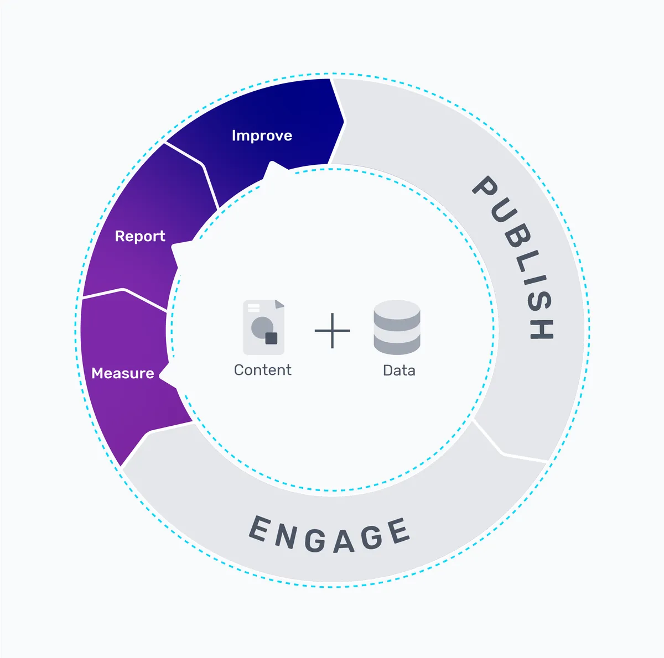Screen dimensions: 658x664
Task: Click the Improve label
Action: [262, 136]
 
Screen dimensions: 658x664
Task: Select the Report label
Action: [140, 237]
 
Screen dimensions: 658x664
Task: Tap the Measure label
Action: [123, 374]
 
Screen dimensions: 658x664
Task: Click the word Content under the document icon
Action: [262, 370]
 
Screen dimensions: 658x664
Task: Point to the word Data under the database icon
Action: [399, 370]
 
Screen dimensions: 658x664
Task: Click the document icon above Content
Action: [264, 327]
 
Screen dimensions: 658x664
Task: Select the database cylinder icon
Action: [397, 327]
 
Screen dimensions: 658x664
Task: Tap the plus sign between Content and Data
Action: [332, 331]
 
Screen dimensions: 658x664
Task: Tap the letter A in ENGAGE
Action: [344, 540]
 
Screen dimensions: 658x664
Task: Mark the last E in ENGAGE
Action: [398, 531]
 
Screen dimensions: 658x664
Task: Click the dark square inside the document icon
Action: [271, 338]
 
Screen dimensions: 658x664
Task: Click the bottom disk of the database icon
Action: [397, 344]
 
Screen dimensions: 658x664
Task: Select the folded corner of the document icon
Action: [279, 304]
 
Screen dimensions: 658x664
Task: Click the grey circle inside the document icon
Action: [261, 327]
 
